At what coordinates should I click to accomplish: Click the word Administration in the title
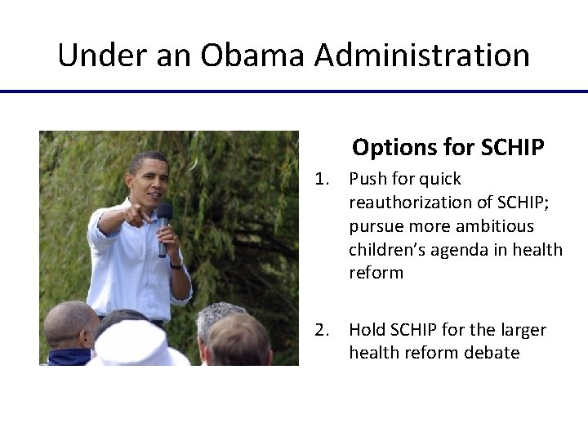point(421,56)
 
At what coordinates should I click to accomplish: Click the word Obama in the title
point(252,56)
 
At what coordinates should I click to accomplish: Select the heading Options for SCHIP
point(448,148)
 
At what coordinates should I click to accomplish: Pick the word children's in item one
point(384,249)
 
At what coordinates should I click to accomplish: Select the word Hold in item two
point(367,330)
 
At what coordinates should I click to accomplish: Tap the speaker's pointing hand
point(135,216)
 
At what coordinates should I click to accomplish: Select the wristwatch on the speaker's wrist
point(176,264)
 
